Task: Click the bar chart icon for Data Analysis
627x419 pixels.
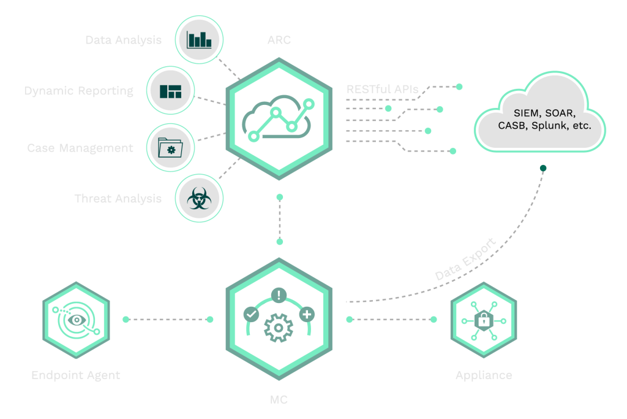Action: (x=199, y=40)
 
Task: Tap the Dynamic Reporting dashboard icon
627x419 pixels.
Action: (x=171, y=91)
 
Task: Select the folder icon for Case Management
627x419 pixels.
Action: (x=170, y=148)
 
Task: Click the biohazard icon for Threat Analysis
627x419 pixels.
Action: (x=199, y=199)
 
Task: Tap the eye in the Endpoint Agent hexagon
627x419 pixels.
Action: (x=77, y=320)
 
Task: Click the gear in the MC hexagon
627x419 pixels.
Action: (x=279, y=327)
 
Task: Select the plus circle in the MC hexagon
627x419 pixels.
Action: (x=307, y=314)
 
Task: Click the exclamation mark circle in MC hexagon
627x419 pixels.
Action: (x=279, y=294)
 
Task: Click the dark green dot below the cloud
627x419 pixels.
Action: (x=543, y=167)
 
